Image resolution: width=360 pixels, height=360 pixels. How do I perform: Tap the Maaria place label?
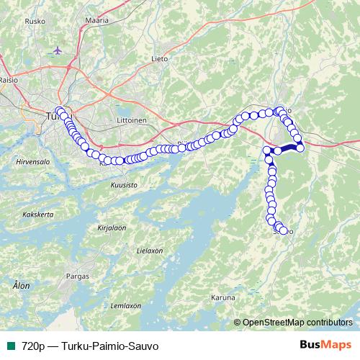point(96,21)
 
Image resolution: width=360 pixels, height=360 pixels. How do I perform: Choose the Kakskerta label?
point(39,214)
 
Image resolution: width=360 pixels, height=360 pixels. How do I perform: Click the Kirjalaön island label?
point(111,228)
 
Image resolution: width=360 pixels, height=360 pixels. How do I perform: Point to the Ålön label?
point(22,286)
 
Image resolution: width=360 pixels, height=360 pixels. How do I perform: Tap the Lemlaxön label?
point(124,305)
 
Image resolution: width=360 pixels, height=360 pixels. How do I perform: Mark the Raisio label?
point(9,81)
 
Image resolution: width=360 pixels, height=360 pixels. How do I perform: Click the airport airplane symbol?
point(58,51)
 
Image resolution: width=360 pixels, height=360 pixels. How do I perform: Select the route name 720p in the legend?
point(32,344)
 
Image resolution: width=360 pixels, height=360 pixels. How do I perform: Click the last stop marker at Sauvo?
point(284,231)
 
